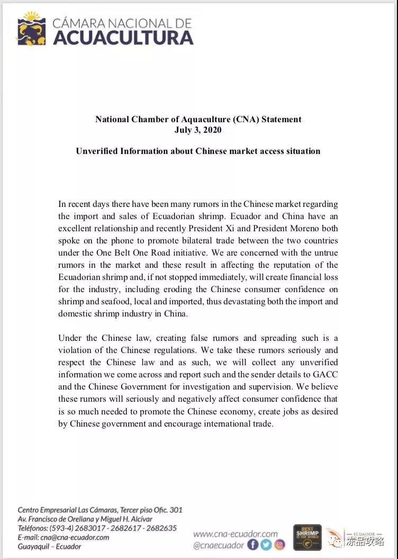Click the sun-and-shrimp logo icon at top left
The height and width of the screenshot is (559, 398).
(x=31, y=30)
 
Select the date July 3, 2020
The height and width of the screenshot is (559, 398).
(x=198, y=130)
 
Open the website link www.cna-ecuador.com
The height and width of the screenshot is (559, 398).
(x=235, y=534)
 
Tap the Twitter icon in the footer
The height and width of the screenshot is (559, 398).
(x=266, y=545)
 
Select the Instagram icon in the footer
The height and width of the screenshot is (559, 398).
(x=279, y=545)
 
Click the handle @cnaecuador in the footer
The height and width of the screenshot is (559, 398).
(x=219, y=545)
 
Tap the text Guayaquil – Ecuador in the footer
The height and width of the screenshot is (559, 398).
(x=49, y=546)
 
